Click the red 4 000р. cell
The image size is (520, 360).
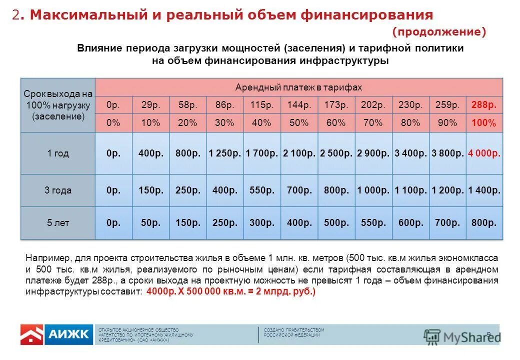pyautogui.click(x=484, y=153)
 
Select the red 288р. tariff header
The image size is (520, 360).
pyautogui.click(x=484, y=105)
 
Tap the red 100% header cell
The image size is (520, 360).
pyautogui.click(x=484, y=123)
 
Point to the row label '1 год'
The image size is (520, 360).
pyautogui.click(x=58, y=153)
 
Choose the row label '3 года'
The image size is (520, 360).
pyautogui.click(x=58, y=190)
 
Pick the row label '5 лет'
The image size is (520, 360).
pyautogui.click(x=58, y=223)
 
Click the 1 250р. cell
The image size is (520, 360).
pyautogui.click(x=224, y=153)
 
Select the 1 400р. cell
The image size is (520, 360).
pyautogui.click(x=484, y=190)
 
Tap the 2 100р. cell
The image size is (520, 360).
pyautogui.click(x=299, y=153)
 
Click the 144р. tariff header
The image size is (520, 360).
pyautogui.click(x=299, y=105)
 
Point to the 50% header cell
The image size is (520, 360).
pyautogui.click(x=299, y=123)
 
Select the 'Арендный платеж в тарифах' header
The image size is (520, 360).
pyautogui.click(x=298, y=87)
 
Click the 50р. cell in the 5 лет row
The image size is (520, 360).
pyautogui.click(x=150, y=223)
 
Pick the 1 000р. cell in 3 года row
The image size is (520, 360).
pyautogui.click(x=373, y=190)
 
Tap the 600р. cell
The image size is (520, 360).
pyautogui.click(x=410, y=223)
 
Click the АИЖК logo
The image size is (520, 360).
pyautogui.click(x=56, y=334)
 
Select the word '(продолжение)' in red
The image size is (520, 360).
pyautogui.click(x=439, y=32)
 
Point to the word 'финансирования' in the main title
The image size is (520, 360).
pyautogui.click(x=366, y=15)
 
